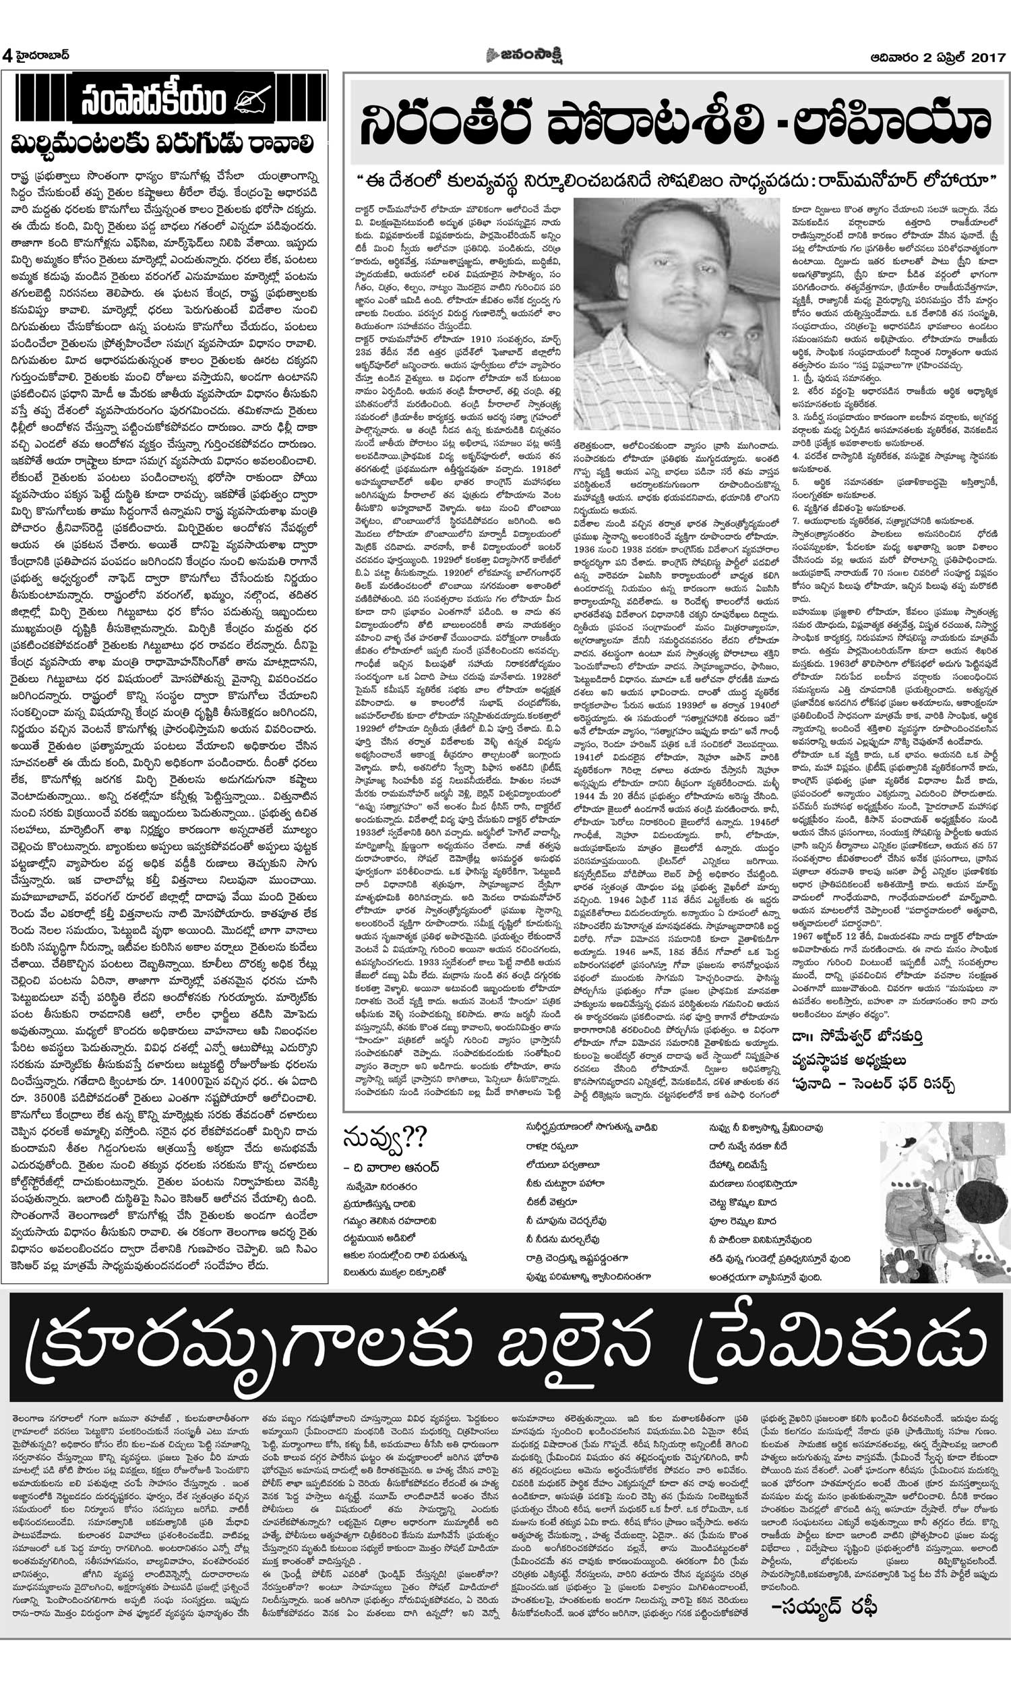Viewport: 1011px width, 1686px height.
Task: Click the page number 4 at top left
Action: point(7,55)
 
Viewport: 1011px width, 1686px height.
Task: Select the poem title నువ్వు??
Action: point(386,1136)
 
